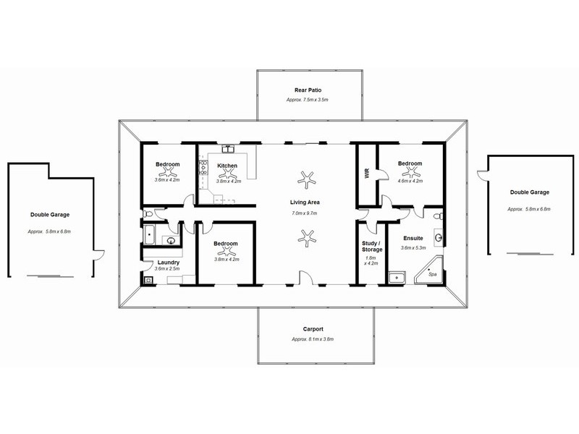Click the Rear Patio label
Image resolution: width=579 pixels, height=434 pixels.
coord(308,90)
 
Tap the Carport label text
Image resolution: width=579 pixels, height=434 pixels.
coord(313,329)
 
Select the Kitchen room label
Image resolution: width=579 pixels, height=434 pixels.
coord(227,166)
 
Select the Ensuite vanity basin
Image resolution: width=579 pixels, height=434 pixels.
coord(439,237)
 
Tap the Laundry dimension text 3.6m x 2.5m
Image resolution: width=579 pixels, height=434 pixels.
coord(166,269)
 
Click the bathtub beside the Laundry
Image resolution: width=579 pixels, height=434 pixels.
coord(149,234)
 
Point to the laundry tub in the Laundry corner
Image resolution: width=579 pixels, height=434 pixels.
coord(148,278)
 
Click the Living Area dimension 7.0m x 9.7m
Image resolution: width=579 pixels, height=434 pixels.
coord(306,213)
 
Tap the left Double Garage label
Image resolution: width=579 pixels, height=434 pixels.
coord(49,215)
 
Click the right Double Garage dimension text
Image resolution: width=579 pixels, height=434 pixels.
coord(529,208)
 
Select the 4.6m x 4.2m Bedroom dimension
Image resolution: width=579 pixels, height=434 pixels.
coord(410,181)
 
